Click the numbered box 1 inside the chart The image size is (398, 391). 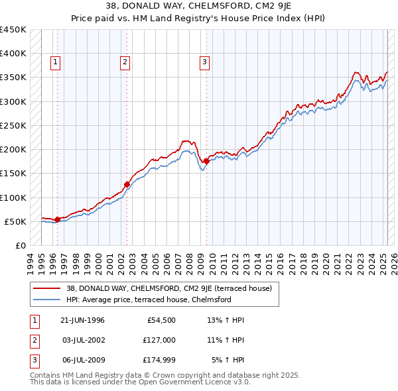(x=55, y=63)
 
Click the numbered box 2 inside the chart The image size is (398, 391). (x=125, y=63)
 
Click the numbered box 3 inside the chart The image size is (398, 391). (x=204, y=63)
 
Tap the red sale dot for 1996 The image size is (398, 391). (x=57, y=219)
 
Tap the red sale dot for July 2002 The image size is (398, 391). (x=127, y=184)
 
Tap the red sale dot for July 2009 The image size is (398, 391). (x=207, y=161)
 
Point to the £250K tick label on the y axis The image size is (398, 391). (x=13, y=125)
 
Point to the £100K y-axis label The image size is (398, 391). (x=13, y=197)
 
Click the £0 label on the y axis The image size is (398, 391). (x=20, y=245)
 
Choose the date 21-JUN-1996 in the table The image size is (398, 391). (x=82, y=321)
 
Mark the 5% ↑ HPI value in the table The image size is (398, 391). (x=228, y=360)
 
